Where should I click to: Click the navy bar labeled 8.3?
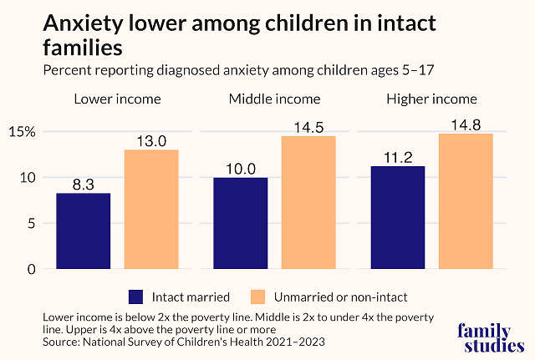click(84, 231)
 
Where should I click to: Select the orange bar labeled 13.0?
click(151, 210)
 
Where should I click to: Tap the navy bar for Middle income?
click(240, 223)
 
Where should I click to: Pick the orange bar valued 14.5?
click(308, 203)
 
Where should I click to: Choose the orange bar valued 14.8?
click(466, 201)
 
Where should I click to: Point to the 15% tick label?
click(22, 132)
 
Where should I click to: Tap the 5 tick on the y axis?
click(32, 224)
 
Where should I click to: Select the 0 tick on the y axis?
click(32, 269)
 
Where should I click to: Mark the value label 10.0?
click(239, 170)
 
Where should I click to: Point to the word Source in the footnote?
click(61, 342)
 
